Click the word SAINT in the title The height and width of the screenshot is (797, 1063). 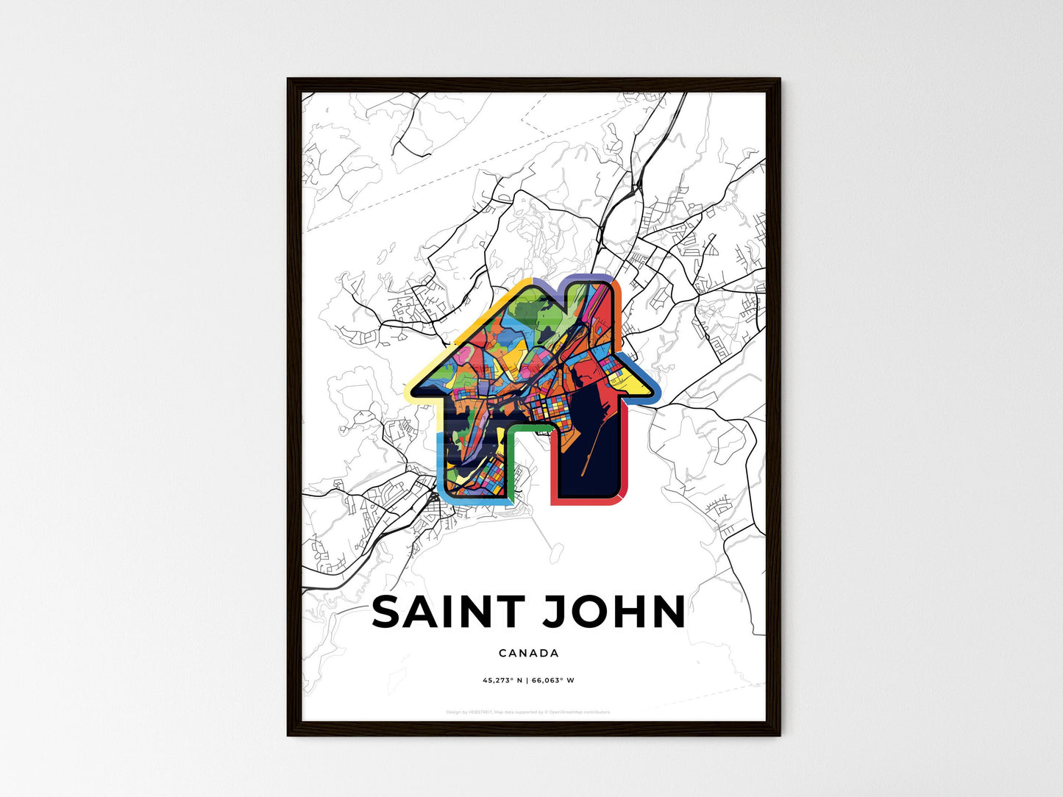pyautogui.click(x=448, y=612)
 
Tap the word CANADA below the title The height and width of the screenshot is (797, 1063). pyautogui.click(x=528, y=653)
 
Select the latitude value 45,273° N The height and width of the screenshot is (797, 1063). pyautogui.click(x=502, y=680)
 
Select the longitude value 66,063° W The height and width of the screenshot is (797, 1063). pyautogui.click(x=552, y=680)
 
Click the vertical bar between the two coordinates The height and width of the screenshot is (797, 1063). pyautogui.click(x=527, y=680)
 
